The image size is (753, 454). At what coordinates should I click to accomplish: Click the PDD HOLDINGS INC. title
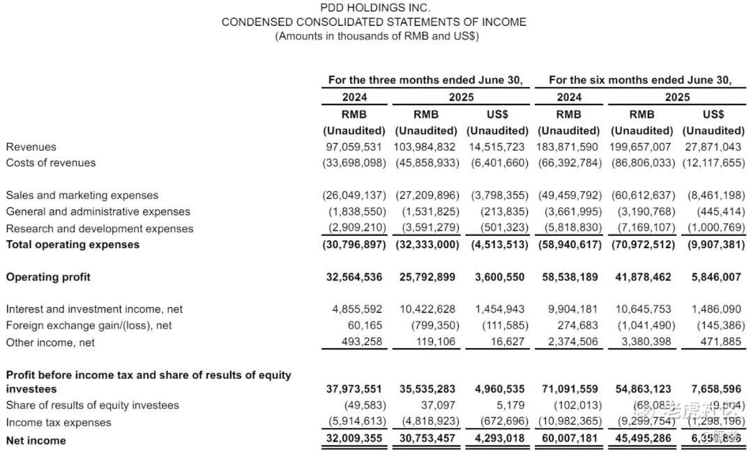click(x=374, y=8)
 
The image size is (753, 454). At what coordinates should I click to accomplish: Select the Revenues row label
click(x=31, y=146)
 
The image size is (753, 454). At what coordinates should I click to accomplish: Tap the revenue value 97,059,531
click(x=354, y=146)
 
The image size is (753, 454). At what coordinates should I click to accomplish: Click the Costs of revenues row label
click(x=51, y=162)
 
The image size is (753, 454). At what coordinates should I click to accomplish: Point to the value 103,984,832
click(x=425, y=146)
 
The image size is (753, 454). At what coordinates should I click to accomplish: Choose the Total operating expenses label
click(x=73, y=244)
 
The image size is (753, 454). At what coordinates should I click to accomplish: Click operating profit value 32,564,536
click(x=354, y=277)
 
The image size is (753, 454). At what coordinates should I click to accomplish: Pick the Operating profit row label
click(x=48, y=277)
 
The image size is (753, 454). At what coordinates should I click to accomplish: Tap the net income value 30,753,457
click(x=427, y=440)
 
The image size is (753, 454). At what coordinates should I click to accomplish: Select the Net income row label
click(x=36, y=440)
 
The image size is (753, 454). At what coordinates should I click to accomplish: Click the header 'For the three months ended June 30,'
click(x=425, y=80)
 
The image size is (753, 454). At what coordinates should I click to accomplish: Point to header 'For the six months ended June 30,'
click(x=640, y=80)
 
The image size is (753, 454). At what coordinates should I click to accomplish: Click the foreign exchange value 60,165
click(x=365, y=325)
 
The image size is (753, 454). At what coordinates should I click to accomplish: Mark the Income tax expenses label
click(x=59, y=422)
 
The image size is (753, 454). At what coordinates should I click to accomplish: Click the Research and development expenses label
click(x=100, y=228)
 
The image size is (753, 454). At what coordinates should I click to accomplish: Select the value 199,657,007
click(x=641, y=146)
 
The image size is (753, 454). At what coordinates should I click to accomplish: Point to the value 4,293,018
click(x=499, y=440)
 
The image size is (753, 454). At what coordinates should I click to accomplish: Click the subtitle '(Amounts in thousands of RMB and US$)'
click(x=376, y=36)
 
